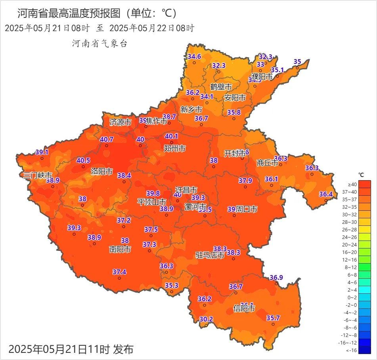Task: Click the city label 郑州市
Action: click(x=174, y=148)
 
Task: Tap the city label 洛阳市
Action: click(x=102, y=171)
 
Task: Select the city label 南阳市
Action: click(x=120, y=249)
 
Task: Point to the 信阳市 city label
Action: click(x=244, y=308)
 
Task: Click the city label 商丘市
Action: click(x=268, y=162)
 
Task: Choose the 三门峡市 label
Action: click(x=38, y=175)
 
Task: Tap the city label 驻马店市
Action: click(x=210, y=255)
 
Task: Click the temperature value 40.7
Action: click(x=107, y=139)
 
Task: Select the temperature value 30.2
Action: click(x=206, y=319)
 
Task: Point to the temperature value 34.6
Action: click(x=194, y=56)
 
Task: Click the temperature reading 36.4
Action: click(x=326, y=194)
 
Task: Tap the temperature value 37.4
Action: click(x=119, y=272)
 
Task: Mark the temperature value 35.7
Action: click(x=273, y=318)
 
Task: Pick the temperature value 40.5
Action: click(x=83, y=160)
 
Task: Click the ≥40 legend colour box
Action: click(x=365, y=184)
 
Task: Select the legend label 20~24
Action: click(x=352, y=244)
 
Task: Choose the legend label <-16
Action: click(x=352, y=350)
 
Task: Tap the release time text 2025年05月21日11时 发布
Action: click(x=71, y=349)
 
